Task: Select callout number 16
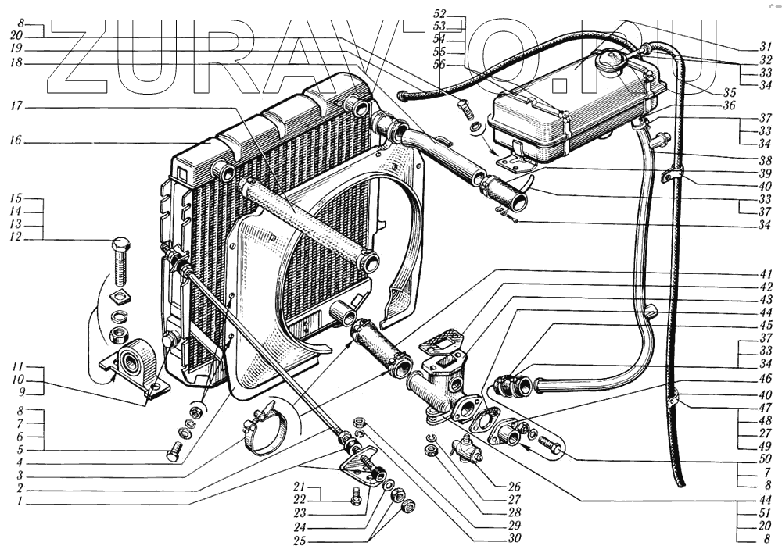point(17,142)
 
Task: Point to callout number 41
point(767,274)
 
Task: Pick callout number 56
point(439,65)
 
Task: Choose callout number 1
point(17,501)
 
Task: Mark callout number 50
point(767,458)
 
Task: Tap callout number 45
point(767,326)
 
